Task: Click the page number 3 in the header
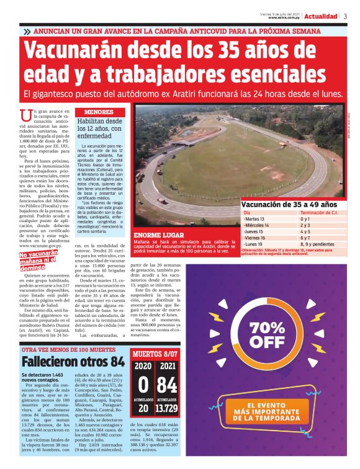(345, 16)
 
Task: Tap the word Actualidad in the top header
(320, 16)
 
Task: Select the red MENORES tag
(99, 112)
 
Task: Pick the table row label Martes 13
(254, 219)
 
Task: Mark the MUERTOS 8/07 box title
(155, 355)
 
